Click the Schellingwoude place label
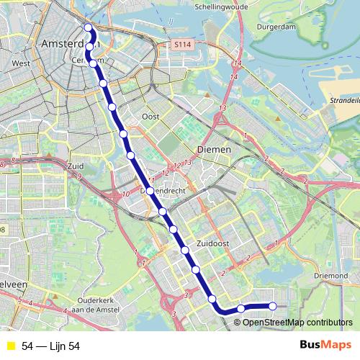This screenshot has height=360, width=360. [x=221, y=6]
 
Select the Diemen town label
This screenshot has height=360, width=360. [x=214, y=150]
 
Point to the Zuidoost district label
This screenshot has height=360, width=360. [x=212, y=244]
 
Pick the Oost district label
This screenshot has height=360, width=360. [x=150, y=116]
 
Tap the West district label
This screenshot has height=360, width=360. [x=21, y=63]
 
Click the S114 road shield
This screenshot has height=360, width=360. [x=184, y=45]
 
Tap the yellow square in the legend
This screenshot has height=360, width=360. [x=11, y=346]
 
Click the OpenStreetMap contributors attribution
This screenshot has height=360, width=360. [x=297, y=323]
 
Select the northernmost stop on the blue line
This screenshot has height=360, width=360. [x=89, y=28]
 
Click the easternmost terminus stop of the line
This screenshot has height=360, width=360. [x=273, y=307]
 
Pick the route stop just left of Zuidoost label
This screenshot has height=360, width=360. [x=185, y=251]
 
